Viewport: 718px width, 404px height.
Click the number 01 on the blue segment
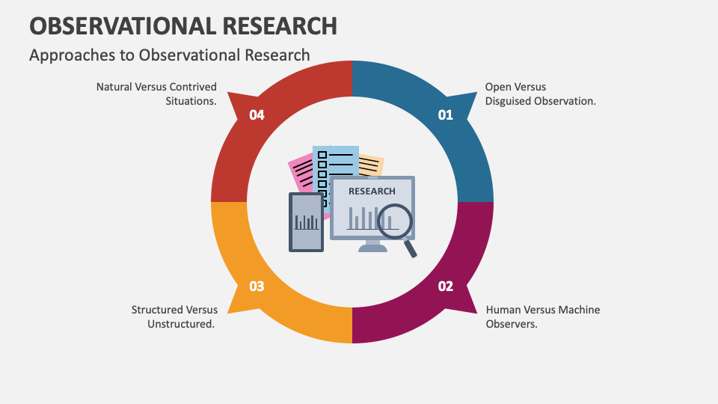click(x=446, y=115)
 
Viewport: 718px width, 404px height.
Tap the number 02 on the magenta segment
click(x=446, y=286)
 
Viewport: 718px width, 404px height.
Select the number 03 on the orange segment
click(x=257, y=286)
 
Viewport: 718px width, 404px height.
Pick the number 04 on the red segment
click(x=257, y=115)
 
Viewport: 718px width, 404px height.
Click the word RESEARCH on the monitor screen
click(x=372, y=191)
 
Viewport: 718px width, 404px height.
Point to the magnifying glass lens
click(x=394, y=220)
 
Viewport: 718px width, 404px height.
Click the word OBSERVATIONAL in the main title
click(x=119, y=25)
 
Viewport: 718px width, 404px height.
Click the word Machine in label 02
click(x=576, y=310)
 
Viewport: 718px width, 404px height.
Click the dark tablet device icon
click(x=306, y=221)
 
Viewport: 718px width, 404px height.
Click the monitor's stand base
click(x=372, y=248)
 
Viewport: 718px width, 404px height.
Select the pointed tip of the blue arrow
click(x=476, y=94)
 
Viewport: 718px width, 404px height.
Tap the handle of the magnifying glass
click(x=411, y=248)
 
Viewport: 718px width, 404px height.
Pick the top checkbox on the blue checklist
click(x=322, y=155)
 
